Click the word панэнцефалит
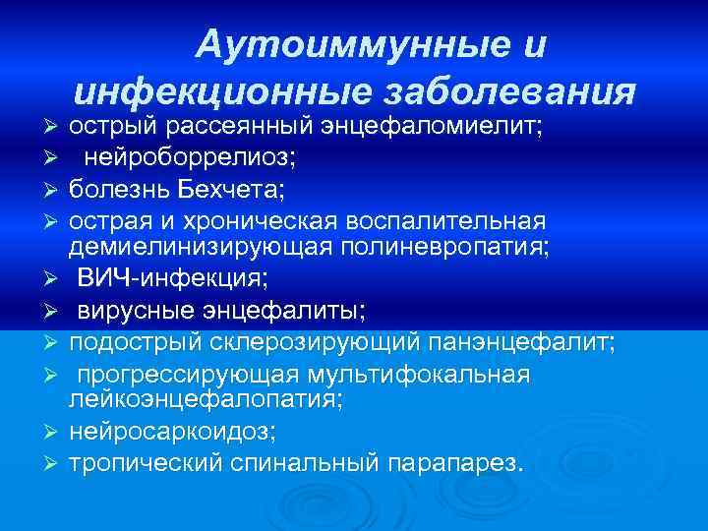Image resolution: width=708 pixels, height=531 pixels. click(x=521, y=342)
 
